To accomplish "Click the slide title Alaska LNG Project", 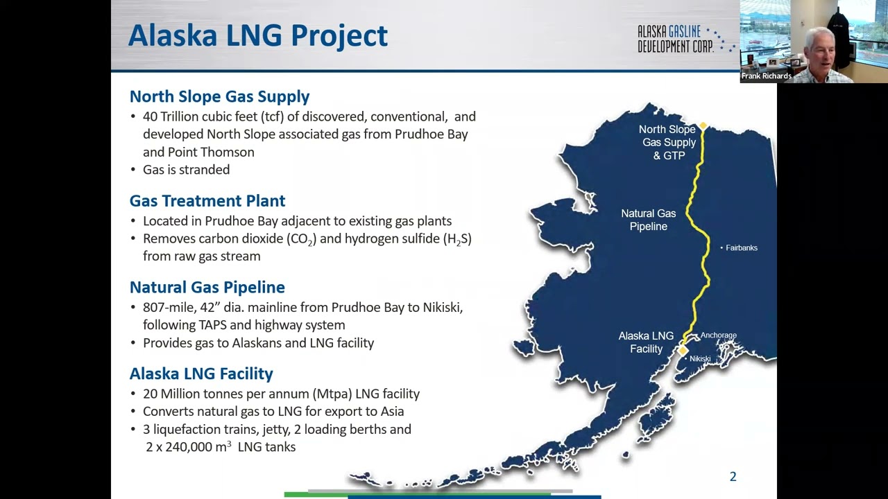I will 257,35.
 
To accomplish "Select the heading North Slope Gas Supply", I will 219,96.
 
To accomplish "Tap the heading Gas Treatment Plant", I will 207,201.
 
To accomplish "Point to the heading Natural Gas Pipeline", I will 207,287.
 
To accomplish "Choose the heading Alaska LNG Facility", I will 201,374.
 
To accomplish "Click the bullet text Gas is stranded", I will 186,170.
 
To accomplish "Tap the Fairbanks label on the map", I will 741,248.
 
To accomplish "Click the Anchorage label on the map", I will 718,335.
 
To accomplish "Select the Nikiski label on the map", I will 699,359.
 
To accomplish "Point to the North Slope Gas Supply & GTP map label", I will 667,142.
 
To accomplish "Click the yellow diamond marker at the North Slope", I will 703,126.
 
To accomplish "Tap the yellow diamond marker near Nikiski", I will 683,351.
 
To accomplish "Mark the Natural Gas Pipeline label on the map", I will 648,220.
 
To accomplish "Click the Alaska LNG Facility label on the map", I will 646,342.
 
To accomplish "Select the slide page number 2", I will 733,477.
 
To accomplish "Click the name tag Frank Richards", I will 766,76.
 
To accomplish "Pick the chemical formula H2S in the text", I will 457,239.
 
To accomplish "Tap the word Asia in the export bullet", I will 390,412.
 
